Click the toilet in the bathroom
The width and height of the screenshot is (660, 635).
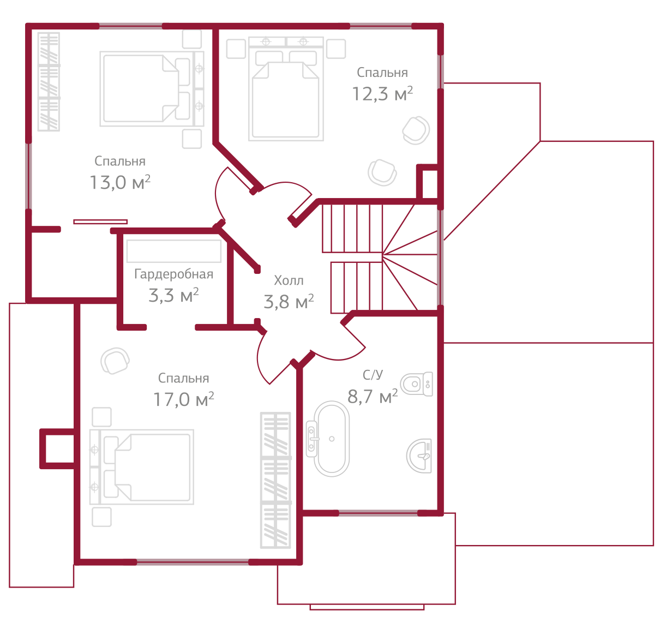click(x=417, y=384)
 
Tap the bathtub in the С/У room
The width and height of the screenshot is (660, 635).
click(x=331, y=439)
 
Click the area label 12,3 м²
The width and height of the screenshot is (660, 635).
click(x=382, y=94)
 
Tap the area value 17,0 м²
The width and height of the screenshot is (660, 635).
click(x=183, y=400)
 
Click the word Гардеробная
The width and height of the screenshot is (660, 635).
click(x=173, y=274)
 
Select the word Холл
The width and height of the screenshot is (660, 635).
click(x=289, y=281)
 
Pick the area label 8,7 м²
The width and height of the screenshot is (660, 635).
click(x=373, y=397)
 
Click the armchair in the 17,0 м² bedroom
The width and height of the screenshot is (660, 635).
click(x=115, y=361)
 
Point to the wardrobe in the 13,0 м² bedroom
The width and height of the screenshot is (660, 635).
click(x=49, y=82)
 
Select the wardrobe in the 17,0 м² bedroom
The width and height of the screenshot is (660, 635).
click(x=275, y=480)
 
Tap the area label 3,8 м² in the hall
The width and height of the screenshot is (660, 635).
click(x=289, y=302)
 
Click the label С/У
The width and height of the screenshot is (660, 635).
click(x=373, y=375)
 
